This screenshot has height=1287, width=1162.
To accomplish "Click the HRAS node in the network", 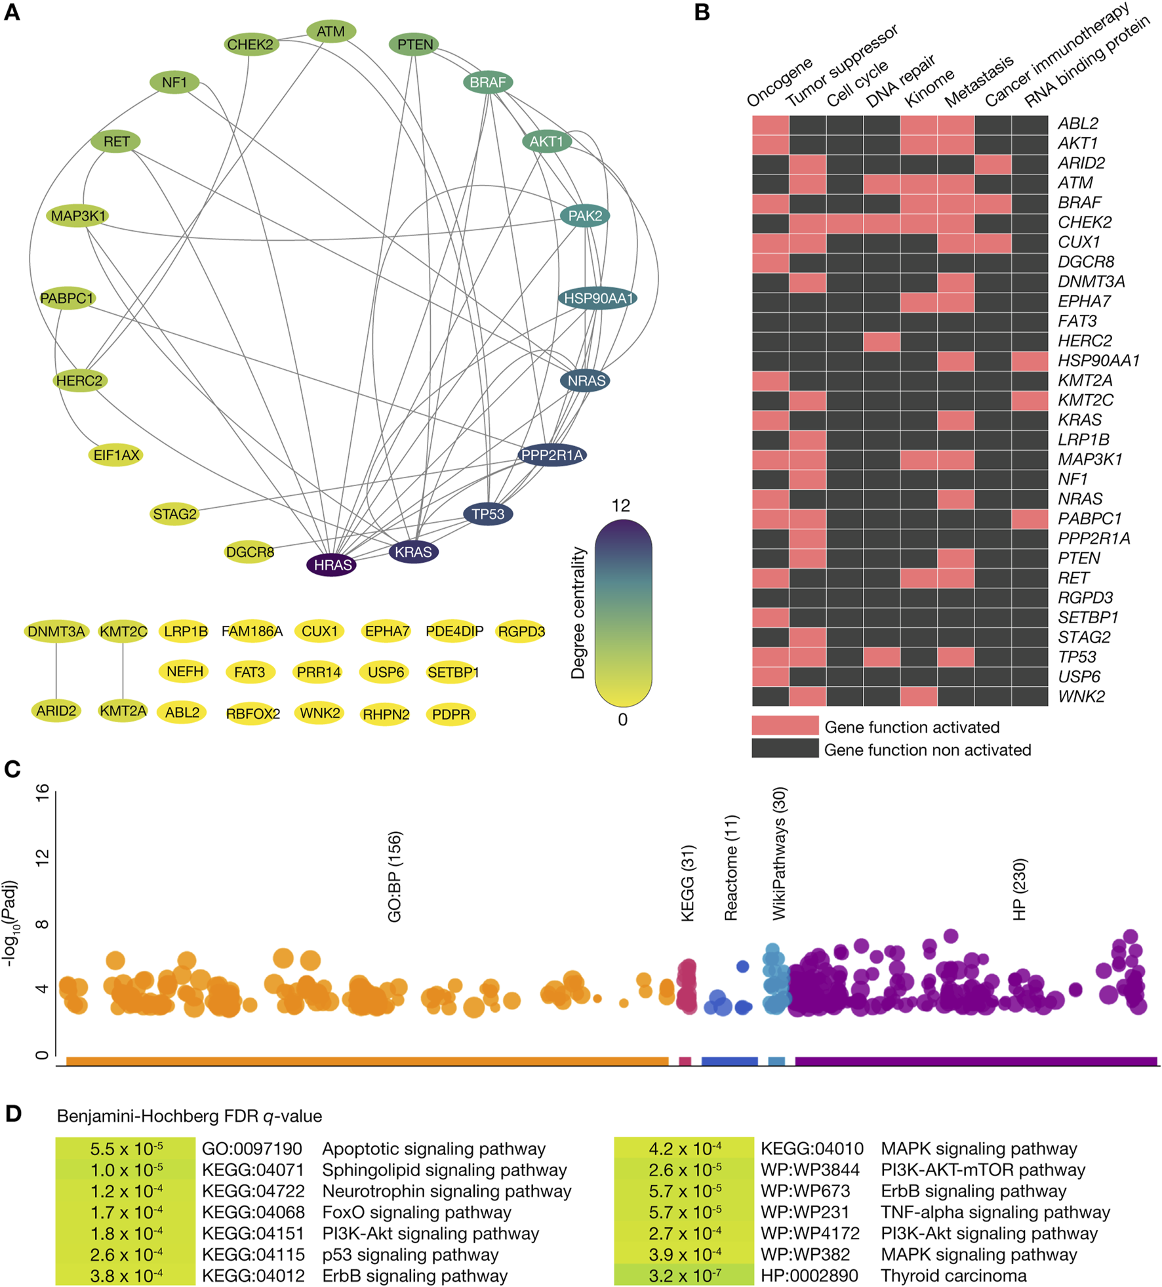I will pos(332,565).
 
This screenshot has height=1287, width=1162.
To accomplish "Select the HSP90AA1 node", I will pos(597,298).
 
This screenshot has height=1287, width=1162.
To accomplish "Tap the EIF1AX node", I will pos(116,455).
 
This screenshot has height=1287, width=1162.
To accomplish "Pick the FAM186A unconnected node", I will pos(252,631).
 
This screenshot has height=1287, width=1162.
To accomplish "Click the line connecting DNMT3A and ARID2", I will pos(56,671).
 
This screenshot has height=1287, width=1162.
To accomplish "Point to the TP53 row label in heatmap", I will pos(1076,657).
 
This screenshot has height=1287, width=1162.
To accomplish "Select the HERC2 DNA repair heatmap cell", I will pos(881,341).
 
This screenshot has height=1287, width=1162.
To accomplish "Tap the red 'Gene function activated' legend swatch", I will pos(785,725).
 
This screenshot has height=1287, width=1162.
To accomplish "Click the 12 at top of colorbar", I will pos(620,505).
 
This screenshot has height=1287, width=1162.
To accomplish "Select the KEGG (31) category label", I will pos(687,883).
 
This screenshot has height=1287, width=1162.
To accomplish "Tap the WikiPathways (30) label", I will pos(778,853).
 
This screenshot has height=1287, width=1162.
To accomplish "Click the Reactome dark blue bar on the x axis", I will pos(729,1061).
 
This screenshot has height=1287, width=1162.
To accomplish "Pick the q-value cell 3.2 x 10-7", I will pos(684,1276).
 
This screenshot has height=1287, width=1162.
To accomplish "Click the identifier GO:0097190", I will pos(252,1149).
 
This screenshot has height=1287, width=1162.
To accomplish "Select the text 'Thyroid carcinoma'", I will pos(953,1276).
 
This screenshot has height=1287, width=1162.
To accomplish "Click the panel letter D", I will pos(13,1114).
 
